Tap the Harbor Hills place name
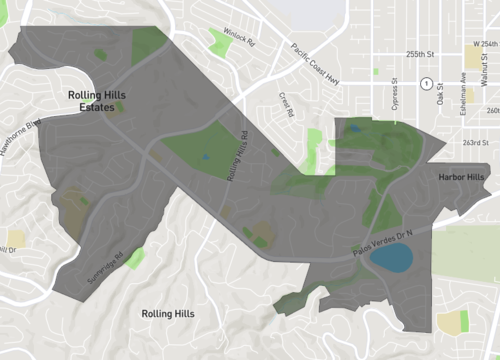pyautogui.click(x=461, y=177)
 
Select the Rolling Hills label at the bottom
pyautogui.click(x=168, y=314)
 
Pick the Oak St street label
pyautogui.click(x=441, y=98)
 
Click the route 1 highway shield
pyautogui.click(x=426, y=82)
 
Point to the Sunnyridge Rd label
pyautogui.click(x=107, y=268)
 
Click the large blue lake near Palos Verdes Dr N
pyautogui.click(x=391, y=259)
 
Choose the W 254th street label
pyautogui.click(x=484, y=45)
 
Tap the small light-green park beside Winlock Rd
pyautogui.click(x=219, y=41)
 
